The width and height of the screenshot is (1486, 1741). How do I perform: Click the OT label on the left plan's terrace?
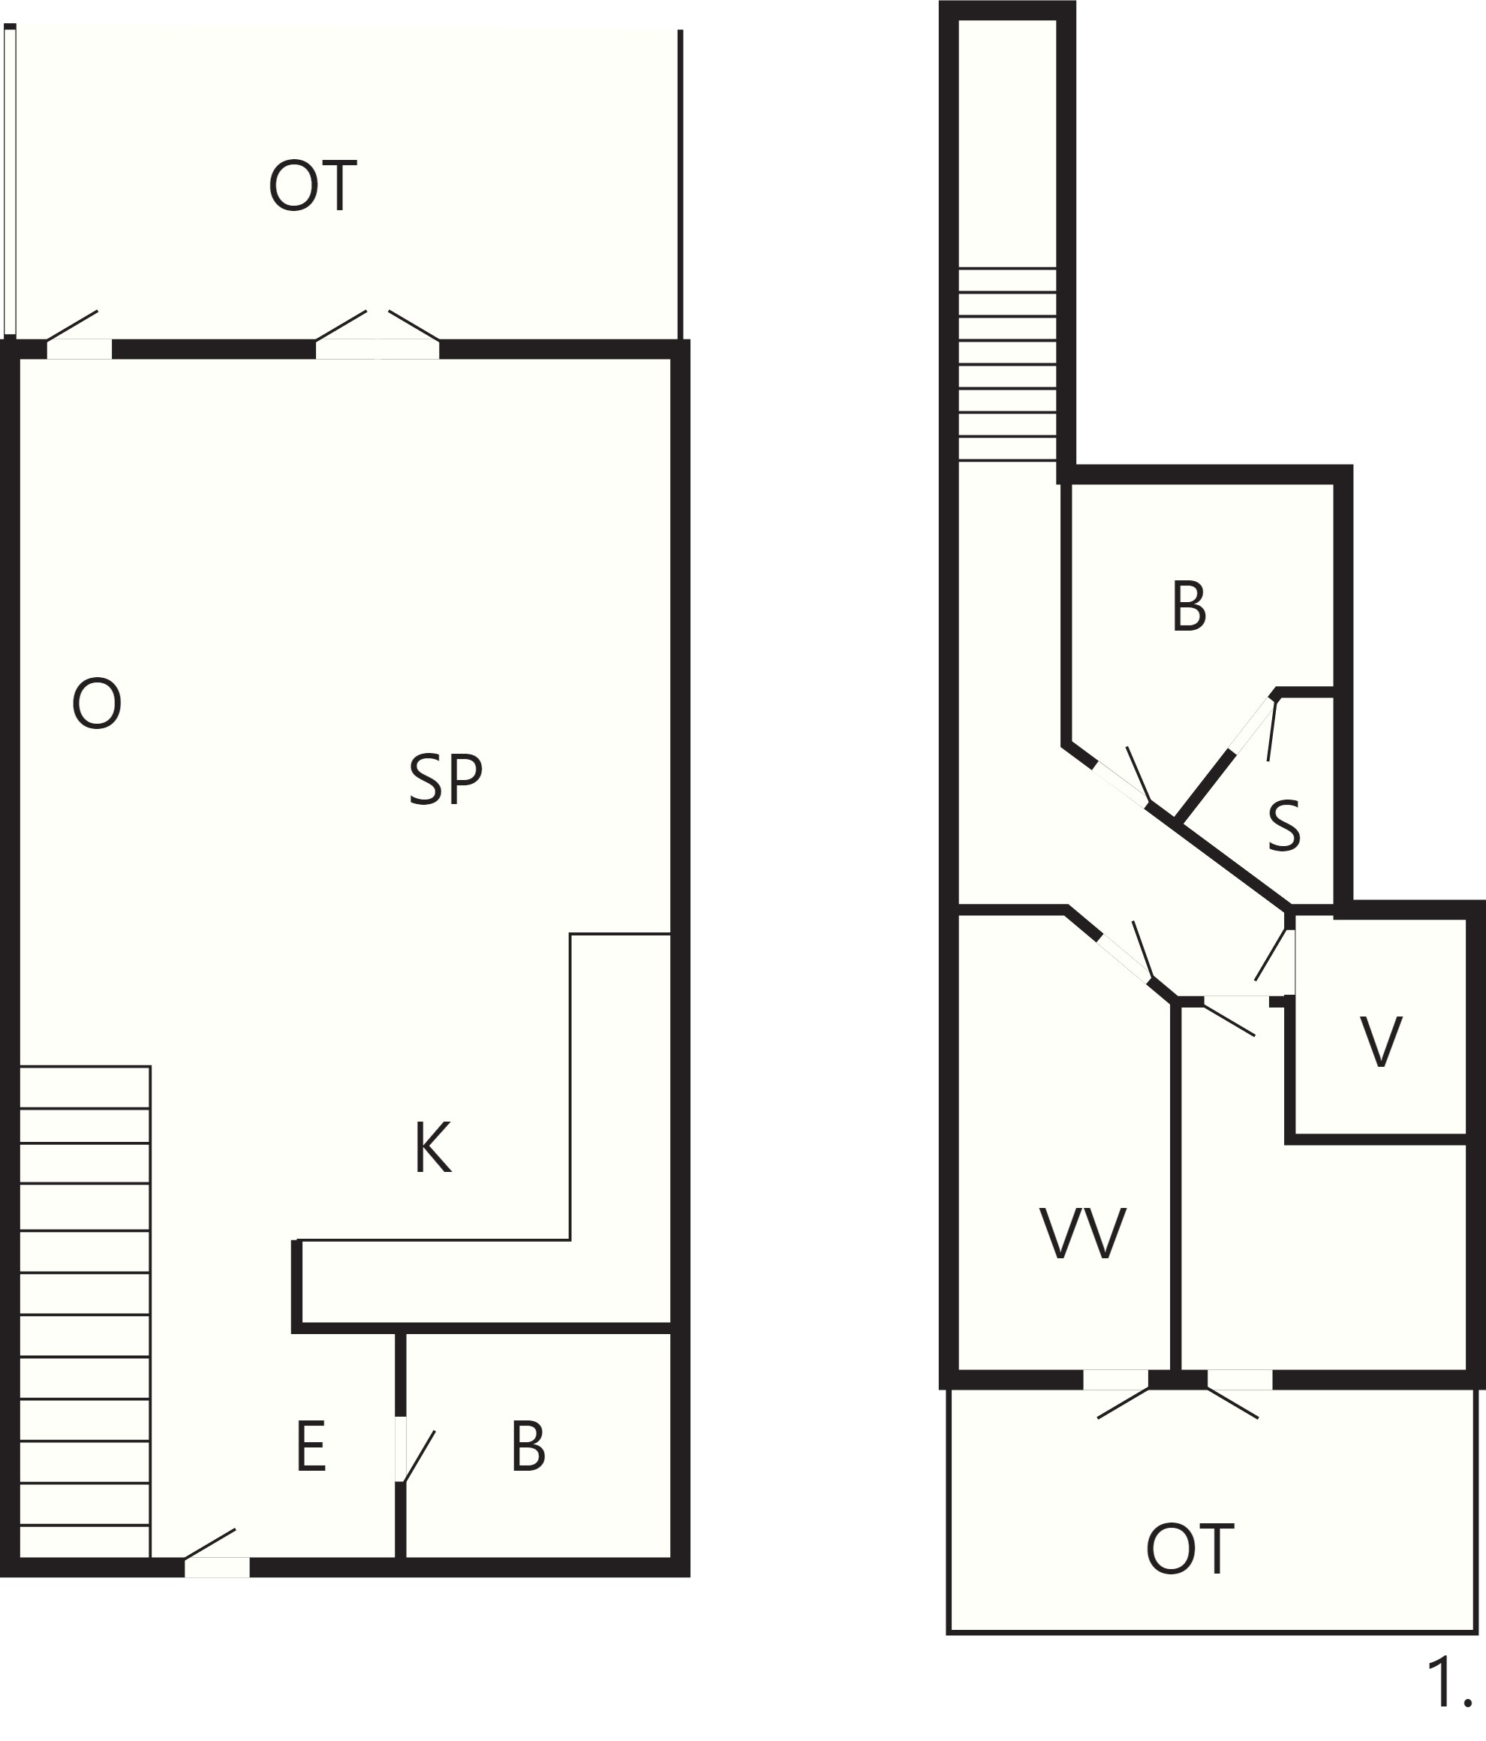coord(312,185)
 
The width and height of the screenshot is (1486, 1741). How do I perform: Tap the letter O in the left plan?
coord(97,703)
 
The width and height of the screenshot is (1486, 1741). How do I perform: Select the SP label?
coord(445,780)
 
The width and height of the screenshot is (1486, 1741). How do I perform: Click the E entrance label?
coord(311,1446)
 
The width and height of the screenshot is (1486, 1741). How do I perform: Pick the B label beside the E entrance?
coord(528,1446)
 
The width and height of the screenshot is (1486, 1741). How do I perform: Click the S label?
coord(1283,826)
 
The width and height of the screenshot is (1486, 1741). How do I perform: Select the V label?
coord(1381,1042)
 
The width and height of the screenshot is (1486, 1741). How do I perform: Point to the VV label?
coord(1083,1233)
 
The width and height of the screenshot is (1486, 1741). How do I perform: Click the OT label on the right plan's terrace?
coord(1190,1550)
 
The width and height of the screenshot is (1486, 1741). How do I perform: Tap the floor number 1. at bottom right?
coord(1450,1683)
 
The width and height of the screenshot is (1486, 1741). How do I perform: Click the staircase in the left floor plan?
coord(85,1312)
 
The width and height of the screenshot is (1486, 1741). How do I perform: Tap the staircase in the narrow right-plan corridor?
coord(1007,364)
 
